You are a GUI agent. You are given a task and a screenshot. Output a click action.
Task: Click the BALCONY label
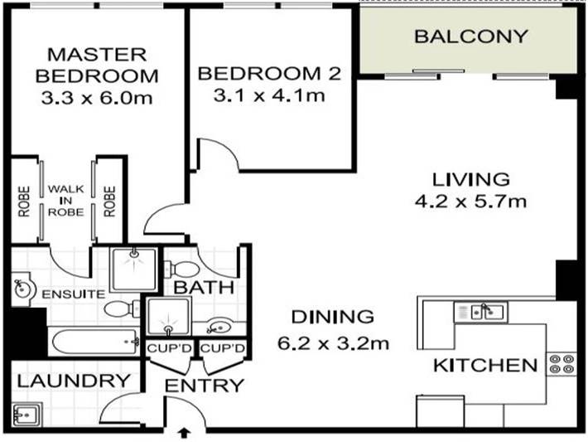(x=470, y=36)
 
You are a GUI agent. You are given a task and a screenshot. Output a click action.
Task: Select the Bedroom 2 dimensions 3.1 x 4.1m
(x=268, y=95)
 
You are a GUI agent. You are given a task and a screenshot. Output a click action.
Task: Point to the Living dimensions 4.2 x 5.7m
(x=470, y=202)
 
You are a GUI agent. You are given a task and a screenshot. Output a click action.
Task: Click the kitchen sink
(x=488, y=312)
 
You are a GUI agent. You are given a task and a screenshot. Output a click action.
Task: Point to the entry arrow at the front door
(x=184, y=432)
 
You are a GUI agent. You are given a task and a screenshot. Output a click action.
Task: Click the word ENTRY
(x=204, y=386)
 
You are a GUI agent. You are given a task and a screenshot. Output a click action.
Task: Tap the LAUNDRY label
(x=73, y=381)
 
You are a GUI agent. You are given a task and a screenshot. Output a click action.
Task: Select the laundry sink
(x=27, y=412)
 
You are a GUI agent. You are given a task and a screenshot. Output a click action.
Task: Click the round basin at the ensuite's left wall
(x=23, y=288)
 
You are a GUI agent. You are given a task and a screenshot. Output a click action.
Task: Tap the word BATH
(x=200, y=288)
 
